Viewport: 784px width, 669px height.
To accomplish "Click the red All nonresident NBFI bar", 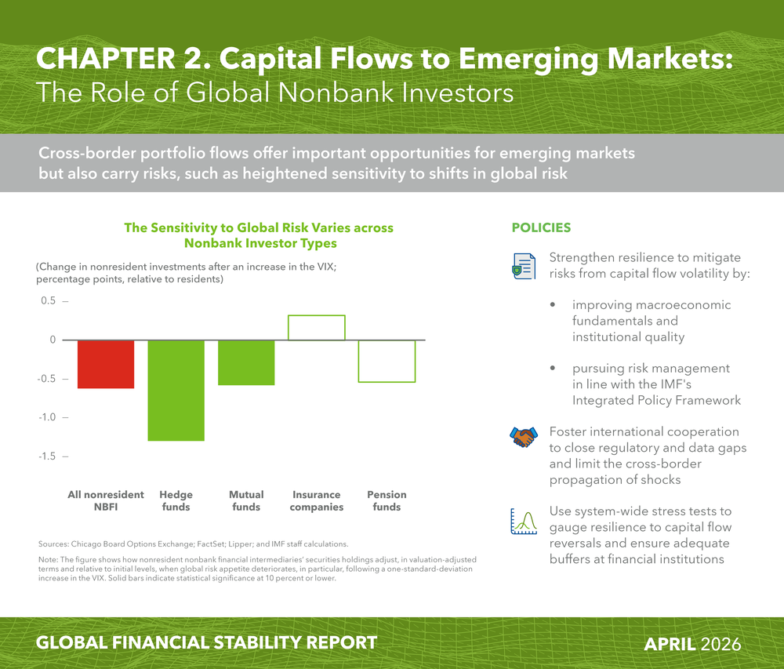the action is (x=106, y=364).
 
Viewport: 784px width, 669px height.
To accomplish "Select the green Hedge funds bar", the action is (x=176, y=391).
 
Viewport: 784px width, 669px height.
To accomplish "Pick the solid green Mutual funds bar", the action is (x=246, y=362).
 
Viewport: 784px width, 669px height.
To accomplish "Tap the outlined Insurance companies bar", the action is (x=317, y=315).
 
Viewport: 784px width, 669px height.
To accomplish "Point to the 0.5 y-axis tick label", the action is (x=49, y=300).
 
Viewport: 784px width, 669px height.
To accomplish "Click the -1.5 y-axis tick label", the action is (x=47, y=456).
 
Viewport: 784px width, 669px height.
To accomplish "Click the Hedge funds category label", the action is (x=176, y=500).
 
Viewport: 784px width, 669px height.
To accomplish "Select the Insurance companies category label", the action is (x=317, y=500).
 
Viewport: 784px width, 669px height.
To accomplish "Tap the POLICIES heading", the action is (x=541, y=227).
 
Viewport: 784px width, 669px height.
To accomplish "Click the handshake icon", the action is (x=524, y=437).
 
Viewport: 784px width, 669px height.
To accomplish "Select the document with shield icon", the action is (x=524, y=266).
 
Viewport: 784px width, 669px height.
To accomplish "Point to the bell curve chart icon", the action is (x=524, y=522).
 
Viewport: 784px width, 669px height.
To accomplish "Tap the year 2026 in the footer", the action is (x=720, y=644).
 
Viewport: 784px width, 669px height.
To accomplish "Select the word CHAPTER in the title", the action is (x=106, y=59).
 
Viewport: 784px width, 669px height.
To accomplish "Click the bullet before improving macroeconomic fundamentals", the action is (x=553, y=304).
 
